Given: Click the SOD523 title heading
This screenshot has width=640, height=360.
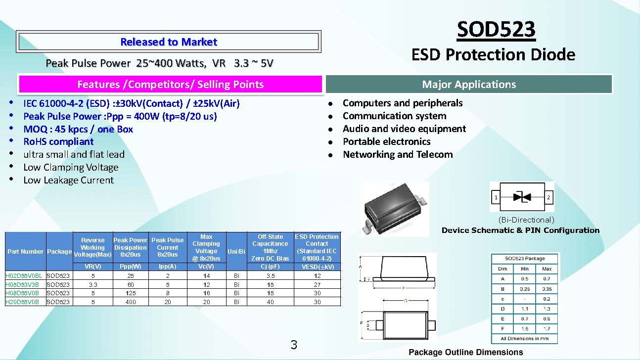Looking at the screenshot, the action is point(496,29).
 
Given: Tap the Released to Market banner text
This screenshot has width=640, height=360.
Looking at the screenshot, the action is point(169,42).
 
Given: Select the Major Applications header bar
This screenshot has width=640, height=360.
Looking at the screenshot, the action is point(469,84).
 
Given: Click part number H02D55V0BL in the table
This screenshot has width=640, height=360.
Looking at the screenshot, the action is point(24,276).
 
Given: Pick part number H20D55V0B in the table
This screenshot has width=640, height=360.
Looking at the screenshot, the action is point(22,302).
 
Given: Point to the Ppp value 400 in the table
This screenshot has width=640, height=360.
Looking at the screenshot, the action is point(131,302).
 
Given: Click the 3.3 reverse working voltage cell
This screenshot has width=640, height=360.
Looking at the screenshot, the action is point(93,284).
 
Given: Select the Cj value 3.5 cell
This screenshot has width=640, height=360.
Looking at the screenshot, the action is point(270,276).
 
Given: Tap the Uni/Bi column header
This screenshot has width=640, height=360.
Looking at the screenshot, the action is point(236,251).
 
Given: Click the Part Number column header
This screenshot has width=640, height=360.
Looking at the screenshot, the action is point(25,251).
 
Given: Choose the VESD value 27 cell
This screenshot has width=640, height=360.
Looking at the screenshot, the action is point(317,284).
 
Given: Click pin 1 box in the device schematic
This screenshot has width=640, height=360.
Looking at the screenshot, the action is point(496,197).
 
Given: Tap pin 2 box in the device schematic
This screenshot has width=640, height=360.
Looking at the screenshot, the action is point(549,197).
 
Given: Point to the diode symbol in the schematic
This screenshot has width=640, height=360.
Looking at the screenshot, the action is point(522,197).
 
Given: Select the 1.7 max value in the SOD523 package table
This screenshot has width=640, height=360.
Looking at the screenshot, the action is point(547,328).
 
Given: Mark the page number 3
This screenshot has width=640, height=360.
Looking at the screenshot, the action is point(294,345).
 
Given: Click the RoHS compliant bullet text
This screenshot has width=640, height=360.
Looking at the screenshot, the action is point(58,141).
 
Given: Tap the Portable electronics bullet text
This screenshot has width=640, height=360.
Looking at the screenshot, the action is point(387,141).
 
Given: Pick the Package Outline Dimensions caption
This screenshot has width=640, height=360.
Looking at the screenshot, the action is point(466,352).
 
